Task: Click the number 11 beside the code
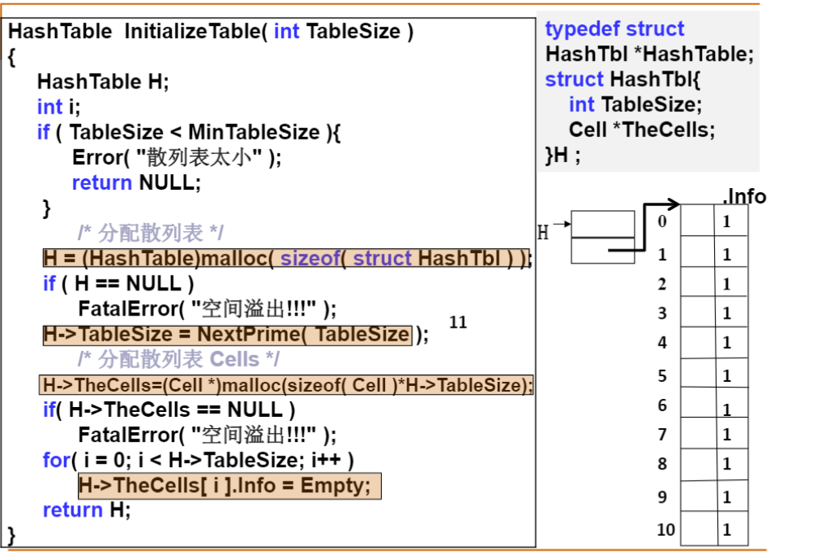coord(458,322)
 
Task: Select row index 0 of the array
coord(662,221)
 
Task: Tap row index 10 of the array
coord(665,530)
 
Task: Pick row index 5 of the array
coord(662,375)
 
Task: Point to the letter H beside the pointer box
coord(543,234)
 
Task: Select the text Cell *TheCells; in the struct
coord(642,130)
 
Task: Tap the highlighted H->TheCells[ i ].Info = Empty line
coord(229,487)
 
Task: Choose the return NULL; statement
coord(135,182)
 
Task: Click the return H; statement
coord(86,510)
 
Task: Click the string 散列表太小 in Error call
coord(198,157)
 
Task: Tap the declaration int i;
coord(59,106)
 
